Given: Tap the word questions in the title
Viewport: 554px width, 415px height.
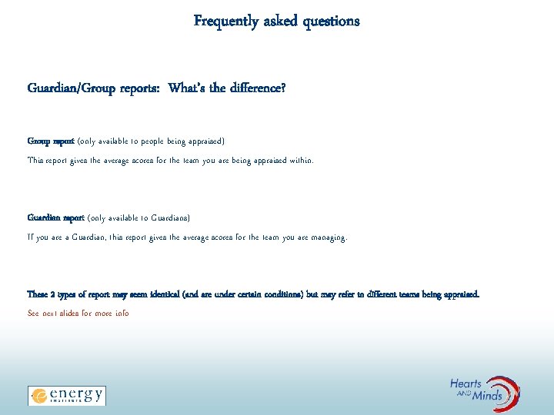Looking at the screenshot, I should (x=330, y=22).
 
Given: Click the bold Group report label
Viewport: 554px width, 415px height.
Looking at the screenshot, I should (x=51, y=141).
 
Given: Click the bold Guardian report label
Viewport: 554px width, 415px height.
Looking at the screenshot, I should (x=56, y=218).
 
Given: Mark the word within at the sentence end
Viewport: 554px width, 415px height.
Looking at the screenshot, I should (x=301, y=161).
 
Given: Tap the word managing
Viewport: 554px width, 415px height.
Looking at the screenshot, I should (x=329, y=237).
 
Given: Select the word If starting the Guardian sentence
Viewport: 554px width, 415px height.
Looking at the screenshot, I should (x=31, y=237).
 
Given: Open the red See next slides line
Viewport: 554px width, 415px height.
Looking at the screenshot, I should (x=78, y=314).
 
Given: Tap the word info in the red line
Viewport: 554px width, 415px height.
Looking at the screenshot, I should (x=121, y=314).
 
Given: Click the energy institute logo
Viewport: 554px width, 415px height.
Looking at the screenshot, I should (x=67, y=395).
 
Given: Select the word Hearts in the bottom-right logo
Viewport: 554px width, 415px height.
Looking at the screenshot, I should (x=466, y=384).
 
